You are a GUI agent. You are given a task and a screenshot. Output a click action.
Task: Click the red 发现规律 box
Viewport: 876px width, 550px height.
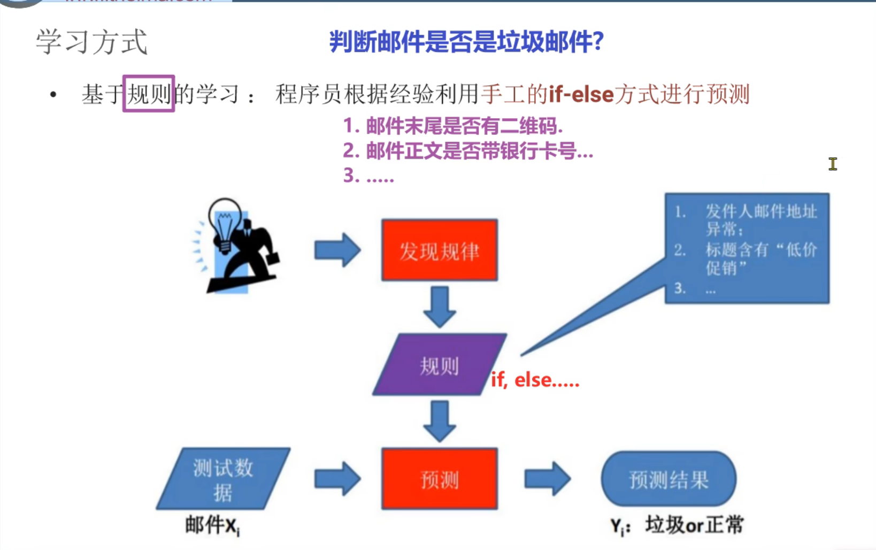tap(439, 250)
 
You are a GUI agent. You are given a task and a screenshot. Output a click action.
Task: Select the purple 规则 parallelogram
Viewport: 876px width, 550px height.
tap(439, 365)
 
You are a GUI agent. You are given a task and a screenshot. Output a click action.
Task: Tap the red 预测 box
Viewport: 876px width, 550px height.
tap(439, 479)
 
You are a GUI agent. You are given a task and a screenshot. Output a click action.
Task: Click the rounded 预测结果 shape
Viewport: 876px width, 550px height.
tap(668, 479)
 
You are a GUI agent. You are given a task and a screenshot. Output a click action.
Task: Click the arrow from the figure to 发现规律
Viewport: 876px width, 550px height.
tap(337, 250)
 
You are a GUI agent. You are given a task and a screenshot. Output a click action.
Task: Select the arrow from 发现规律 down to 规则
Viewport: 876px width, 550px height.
tap(439, 307)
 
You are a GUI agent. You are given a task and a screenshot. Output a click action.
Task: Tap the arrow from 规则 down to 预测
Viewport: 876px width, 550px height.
tap(439, 421)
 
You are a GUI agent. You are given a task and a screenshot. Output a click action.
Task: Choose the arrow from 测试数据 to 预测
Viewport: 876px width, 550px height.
tap(337, 479)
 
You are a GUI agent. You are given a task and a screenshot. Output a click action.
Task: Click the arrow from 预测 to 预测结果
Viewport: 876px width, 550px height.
tap(547, 479)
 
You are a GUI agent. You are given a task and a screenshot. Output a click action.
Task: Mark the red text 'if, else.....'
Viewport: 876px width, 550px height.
tap(535, 380)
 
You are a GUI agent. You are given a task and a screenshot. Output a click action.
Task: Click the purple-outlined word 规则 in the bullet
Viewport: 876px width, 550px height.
tap(149, 94)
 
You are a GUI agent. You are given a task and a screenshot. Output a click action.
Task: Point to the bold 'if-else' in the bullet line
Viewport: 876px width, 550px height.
tap(581, 95)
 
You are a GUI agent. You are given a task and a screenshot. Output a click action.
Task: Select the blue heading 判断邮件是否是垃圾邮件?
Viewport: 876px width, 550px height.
tap(466, 42)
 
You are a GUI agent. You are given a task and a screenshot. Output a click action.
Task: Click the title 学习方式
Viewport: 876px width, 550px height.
tap(91, 42)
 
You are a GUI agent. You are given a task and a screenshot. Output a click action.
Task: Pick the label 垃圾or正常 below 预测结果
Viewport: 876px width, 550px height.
tap(694, 525)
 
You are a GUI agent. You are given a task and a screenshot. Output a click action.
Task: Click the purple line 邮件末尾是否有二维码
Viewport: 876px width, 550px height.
tap(452, 126)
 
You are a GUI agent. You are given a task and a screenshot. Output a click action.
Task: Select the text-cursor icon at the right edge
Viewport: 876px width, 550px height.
tap(832, 164)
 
